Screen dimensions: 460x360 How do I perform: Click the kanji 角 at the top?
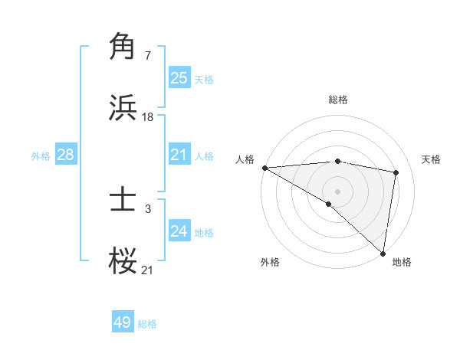point(123,47)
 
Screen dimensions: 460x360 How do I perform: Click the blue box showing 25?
point(179,78)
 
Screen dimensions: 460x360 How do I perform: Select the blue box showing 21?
point(179,155)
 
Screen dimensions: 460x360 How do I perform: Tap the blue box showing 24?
point(179,232)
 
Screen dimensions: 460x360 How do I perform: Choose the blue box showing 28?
point(65,155)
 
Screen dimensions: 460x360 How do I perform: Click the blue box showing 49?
point(123,322)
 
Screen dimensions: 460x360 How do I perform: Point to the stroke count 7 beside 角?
point(147,56)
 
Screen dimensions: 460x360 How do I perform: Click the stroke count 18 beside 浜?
point(148,117)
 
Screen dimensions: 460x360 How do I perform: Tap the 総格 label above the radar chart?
point(338,100)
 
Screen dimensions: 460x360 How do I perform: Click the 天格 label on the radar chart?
point(432,159)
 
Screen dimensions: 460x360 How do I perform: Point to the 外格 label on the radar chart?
point(270,262)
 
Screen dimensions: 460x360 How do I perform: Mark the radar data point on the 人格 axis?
point(264,168)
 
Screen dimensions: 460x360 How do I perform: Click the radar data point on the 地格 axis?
point(383,254)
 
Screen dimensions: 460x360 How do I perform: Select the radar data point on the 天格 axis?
point(396,172)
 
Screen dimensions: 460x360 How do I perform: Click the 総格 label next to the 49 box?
point(147,324)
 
